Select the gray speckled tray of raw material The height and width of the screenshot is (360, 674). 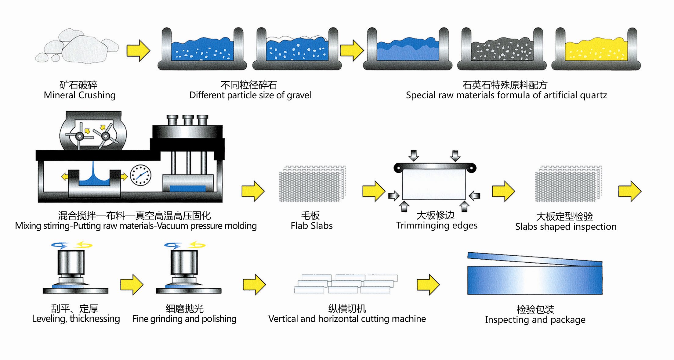point(502,50)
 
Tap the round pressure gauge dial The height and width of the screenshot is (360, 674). point(140,175)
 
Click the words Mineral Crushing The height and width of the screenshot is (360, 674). point(80,95)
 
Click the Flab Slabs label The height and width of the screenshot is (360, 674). point(312,226)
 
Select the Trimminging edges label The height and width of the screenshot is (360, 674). point(437,225)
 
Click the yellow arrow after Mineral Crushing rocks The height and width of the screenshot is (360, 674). point(138,50)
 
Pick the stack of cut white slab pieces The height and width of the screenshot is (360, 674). point(346,284)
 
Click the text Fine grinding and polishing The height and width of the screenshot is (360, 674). point(184,319)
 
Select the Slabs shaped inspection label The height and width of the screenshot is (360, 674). point(566,227)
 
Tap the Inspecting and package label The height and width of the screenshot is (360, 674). point(535,320)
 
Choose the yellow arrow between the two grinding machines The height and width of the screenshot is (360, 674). point(132,284)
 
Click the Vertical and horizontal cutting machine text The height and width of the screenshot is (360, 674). point(347,319)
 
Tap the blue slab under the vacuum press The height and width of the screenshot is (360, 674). point(187,188)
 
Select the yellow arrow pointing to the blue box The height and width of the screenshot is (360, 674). point(428,284)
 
